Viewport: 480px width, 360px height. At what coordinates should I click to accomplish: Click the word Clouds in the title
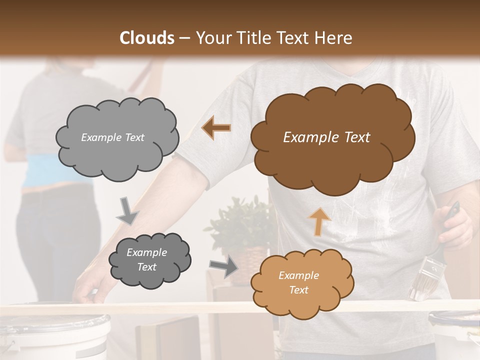point(147,38)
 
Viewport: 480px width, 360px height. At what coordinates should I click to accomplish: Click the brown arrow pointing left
point(216,127)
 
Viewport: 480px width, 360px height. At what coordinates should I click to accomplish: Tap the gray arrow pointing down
point(128,210)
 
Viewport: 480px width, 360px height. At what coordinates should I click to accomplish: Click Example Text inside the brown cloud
point(326,137)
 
